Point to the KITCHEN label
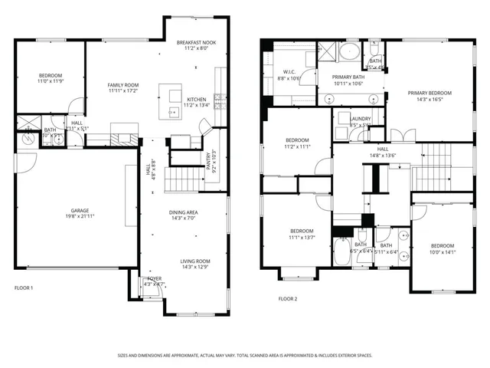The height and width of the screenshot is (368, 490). (197, 99)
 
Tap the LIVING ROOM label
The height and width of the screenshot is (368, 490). (194, 261)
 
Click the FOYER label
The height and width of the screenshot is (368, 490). (154, 278)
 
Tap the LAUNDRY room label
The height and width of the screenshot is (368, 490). (360, 118)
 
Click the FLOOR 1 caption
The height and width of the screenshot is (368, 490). (24, 288)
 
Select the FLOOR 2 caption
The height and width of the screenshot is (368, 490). (287, 298)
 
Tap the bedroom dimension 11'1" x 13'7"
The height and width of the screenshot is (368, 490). (302, 237)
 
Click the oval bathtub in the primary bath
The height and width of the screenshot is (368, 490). (349, 53)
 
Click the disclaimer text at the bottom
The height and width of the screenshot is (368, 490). (245, 355)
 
